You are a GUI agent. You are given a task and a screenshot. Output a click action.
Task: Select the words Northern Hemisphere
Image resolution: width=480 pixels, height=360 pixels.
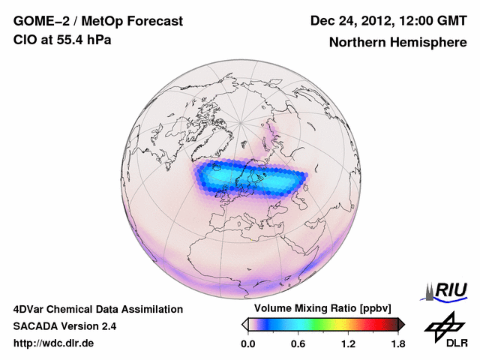[397, 43]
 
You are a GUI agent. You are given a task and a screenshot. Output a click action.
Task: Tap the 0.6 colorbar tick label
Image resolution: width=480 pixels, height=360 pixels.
[298, 344]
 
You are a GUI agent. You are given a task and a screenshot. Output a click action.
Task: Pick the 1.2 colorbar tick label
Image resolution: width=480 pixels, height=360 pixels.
[348, 344]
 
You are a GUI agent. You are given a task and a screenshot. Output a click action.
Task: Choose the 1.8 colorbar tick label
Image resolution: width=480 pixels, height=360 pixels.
[397, 344]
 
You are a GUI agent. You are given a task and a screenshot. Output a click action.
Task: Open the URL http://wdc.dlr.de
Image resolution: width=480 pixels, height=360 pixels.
[54, 343]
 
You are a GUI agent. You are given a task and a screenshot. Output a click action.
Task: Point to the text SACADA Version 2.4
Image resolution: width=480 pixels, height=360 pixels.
[64, 326]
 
